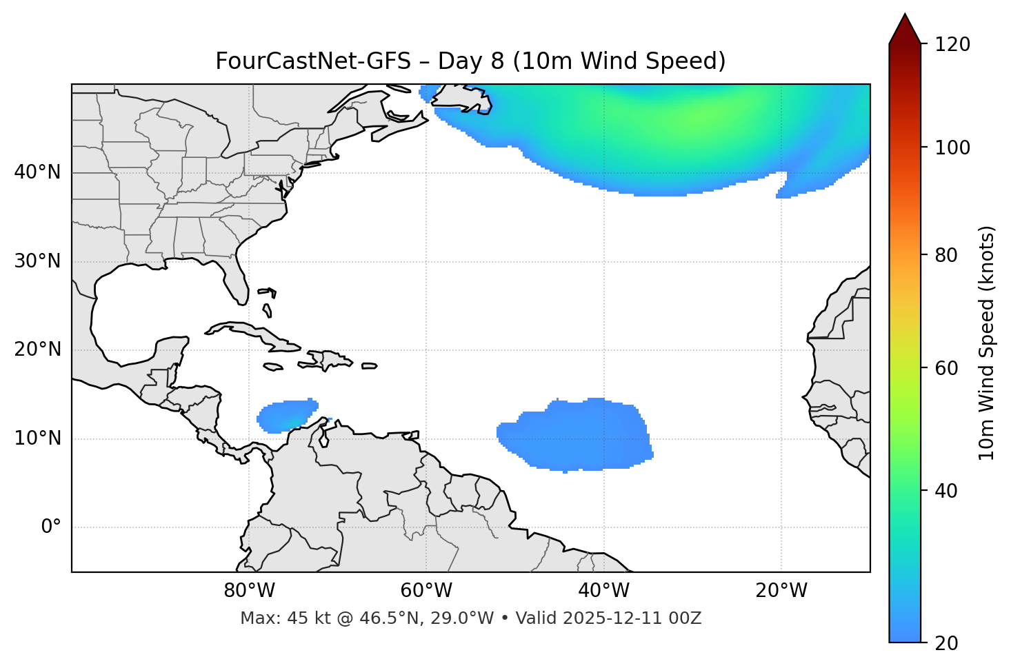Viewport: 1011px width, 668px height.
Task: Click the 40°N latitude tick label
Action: [37, 172]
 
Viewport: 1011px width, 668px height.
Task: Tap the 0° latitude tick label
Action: [51, 527]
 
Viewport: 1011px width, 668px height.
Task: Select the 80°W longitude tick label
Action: [249, 591]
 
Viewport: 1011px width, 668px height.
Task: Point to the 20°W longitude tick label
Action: [781, 591]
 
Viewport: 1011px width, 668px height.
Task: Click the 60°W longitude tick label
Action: [426, 591]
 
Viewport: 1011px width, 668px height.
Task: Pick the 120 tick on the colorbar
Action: [952, 45]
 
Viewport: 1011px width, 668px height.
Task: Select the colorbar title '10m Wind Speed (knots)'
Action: [987, 343]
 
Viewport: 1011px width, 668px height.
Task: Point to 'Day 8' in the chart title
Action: [470, 61]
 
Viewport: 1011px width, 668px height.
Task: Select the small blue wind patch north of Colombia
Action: [287, 415]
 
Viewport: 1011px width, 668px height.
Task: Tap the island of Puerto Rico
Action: [370, 366]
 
